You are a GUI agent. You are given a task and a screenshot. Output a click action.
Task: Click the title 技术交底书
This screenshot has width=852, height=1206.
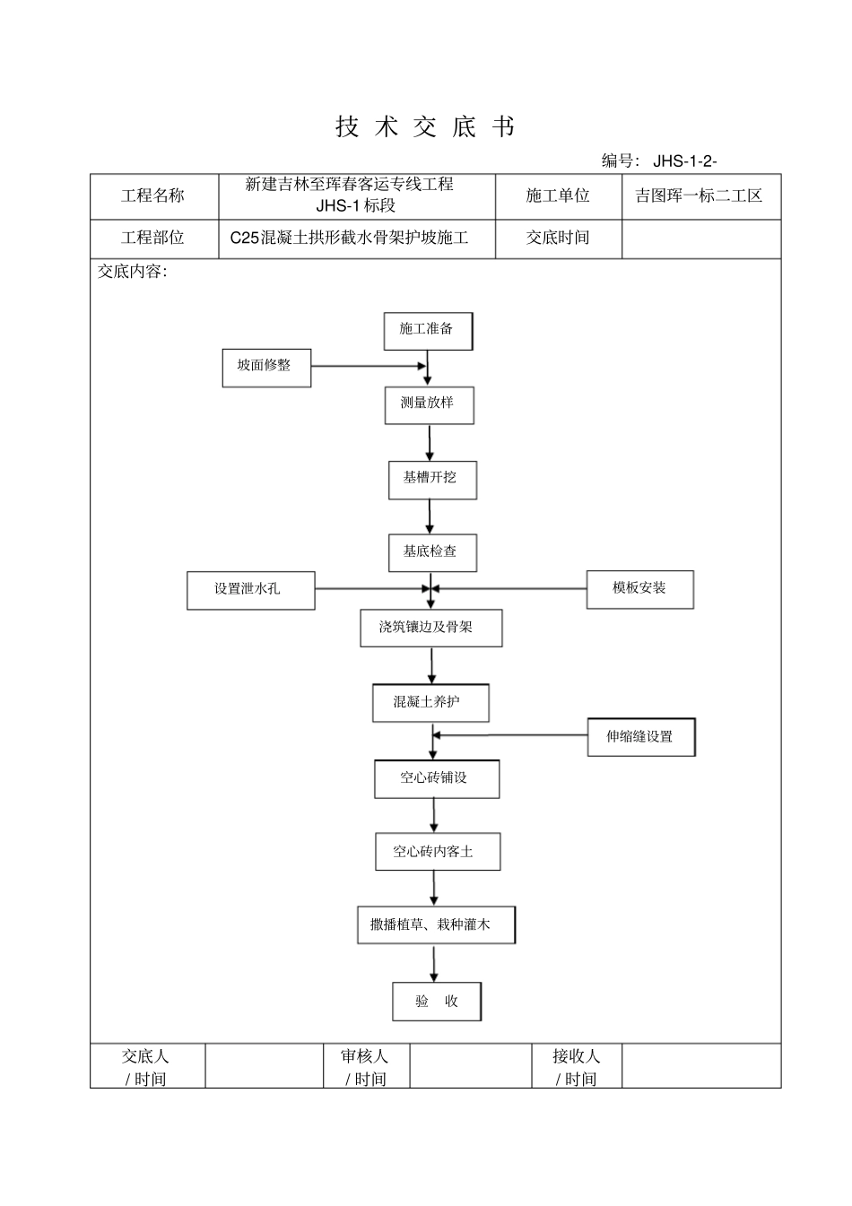[x=426, y=127]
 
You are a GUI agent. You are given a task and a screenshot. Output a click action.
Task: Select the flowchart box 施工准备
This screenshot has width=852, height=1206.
[x=428, y=331]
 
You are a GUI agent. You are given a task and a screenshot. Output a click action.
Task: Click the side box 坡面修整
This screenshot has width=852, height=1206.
[x=266, y=368]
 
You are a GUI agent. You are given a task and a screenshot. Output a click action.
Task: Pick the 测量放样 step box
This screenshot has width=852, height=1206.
[x=430, y=405]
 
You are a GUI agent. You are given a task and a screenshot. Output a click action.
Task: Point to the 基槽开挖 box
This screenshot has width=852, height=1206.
[x=432, y=480]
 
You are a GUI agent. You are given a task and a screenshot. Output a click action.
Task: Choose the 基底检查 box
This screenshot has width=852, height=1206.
[x=432, y=552]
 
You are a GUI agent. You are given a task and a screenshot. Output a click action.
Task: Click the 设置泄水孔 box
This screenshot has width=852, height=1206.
[x=250, y=590]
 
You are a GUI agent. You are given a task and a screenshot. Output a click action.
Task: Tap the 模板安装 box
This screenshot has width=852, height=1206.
[x=639, y=589]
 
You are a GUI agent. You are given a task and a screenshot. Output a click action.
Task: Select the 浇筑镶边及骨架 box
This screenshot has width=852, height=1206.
[x=430, y=628]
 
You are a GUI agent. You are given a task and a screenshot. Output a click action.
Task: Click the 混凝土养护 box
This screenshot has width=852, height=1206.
[x=430, y=702]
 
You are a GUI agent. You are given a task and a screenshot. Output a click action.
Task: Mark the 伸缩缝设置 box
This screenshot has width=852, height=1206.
[x=641, y=737]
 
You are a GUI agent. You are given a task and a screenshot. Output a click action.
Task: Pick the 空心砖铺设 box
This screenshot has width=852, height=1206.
[x=436, y=778]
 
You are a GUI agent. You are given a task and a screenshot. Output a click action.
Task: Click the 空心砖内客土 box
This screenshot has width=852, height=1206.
[x=437, y=852]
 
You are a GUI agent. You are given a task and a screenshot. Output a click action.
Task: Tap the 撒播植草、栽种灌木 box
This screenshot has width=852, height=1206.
[x=436, y=925]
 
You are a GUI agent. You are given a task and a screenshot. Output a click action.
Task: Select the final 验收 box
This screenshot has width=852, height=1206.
[x=437, y=1002]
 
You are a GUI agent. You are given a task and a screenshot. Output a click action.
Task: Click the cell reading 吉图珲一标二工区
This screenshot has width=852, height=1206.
[x=700, y=196]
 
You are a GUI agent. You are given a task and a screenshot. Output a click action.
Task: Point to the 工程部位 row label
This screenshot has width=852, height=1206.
[x=153, y=239]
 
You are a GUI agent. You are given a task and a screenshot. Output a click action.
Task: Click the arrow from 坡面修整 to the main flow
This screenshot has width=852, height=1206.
[x=368, y=366]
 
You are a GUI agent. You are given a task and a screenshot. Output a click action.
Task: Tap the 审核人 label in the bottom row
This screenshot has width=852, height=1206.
[x=366, y=1066]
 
